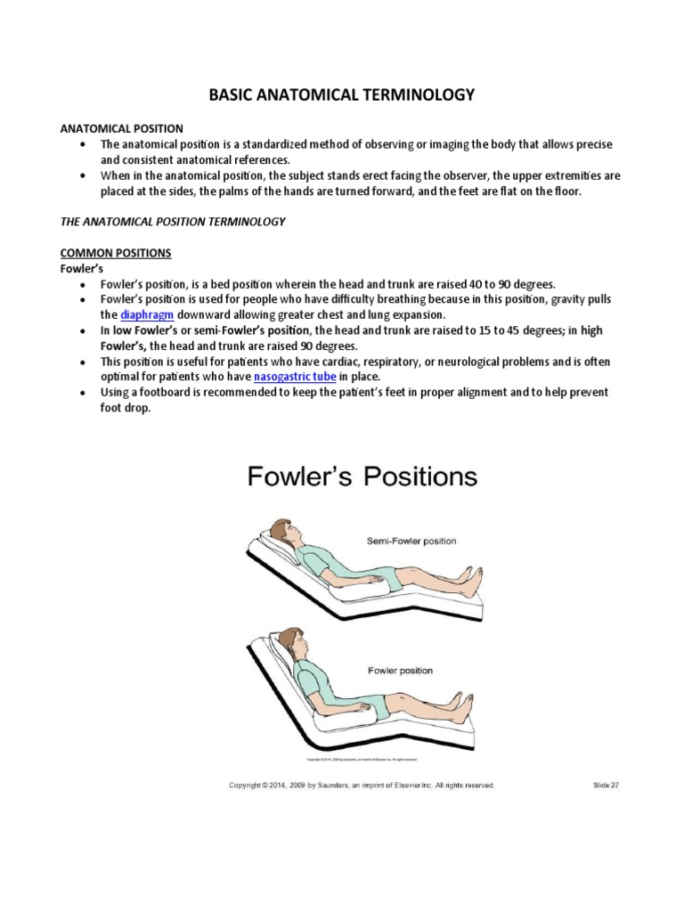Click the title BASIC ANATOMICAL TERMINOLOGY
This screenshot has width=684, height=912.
tap(341, 94)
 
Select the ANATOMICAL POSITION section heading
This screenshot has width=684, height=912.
tap(121, 128)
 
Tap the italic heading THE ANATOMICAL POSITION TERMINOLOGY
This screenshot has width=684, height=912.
tap(173, 221)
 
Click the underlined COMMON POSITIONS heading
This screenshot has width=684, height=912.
tap(115, 253)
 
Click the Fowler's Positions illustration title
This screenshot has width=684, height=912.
tap(362, 477)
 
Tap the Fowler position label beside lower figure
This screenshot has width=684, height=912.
tap(400, 670)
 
